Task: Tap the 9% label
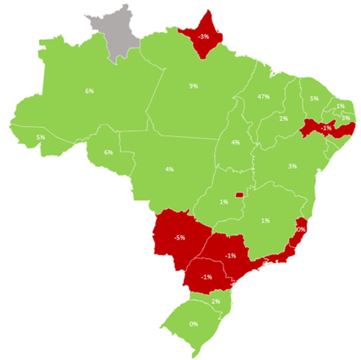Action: click(x=193, y=86)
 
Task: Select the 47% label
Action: click(x=264, y=97)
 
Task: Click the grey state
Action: click(x=117, y=33)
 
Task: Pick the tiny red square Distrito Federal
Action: click(x=239, y=194)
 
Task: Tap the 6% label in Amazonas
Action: click(x=89, y=91)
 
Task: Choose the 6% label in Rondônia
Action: click(x=108, y=152)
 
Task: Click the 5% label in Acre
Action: click(x=40, y=138)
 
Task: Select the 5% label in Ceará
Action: click(x=314, y=99)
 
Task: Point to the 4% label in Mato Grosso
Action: click(x=170, y=169)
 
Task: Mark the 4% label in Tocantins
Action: click(x=235, y=142)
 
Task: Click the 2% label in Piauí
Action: click(x=284, y=119)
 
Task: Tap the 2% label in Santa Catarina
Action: click(x=216, y=302)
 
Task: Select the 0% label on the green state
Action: click(x=193, y=324)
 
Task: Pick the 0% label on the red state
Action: click(x=301, y=229)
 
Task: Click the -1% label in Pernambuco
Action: click(x=326, y=128)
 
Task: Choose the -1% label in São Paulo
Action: click(x=231, y=256)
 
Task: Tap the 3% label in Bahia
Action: click(x=292, y=166)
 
